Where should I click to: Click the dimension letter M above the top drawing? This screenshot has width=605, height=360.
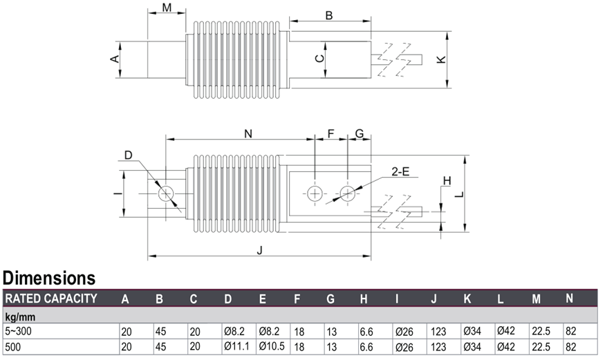(167, 8)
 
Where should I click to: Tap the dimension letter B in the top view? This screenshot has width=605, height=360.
(328, 15)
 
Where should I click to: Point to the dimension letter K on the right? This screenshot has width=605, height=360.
(441, 59)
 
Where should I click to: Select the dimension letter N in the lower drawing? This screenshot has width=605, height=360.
(248, 134)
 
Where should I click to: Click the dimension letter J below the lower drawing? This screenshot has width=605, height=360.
(260, 250)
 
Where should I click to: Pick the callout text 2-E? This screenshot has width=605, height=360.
(400, 171)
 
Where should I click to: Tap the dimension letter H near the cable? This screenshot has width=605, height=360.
(447, 181)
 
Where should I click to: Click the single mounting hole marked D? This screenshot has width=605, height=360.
(166, 193)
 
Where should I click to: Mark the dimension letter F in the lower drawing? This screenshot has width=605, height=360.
(331, 134)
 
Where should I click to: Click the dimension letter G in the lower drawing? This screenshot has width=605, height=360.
(360, 134)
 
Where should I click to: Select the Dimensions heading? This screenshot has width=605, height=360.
(49, 278)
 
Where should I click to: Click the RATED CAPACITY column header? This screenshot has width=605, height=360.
(51, 299)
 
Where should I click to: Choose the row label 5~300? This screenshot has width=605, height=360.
(18, 331)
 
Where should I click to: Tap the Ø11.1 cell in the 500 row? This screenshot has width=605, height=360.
(236, 346)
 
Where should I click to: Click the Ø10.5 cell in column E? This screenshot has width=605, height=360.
(272, 346)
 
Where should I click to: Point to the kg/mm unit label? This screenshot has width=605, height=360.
(20, 317)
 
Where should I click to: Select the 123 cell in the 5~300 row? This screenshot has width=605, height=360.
(438, 331)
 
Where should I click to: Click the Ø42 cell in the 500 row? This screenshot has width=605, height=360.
(506, 347)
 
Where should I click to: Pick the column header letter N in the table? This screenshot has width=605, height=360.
(569, 299)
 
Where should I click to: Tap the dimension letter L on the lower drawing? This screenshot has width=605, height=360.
(459, 194)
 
